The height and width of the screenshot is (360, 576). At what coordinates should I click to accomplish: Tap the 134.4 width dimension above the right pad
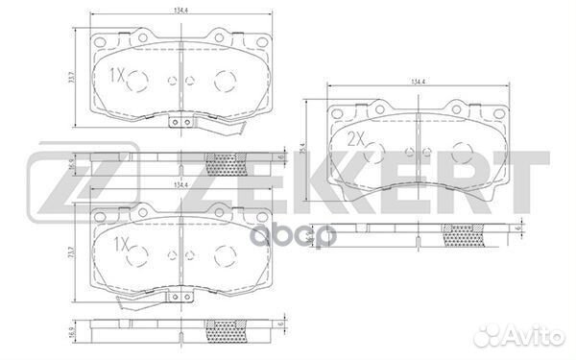click(x=417, y=82)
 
